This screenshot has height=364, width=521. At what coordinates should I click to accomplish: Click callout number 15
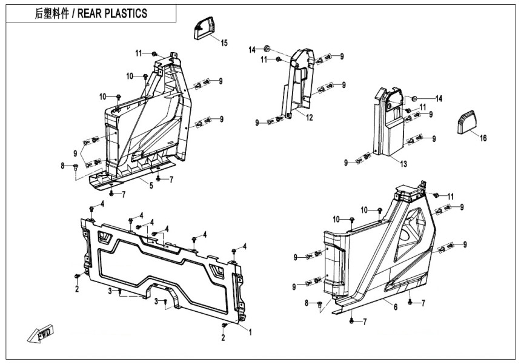[224, 42]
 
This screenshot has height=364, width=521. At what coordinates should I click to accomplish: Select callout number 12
[309, 117]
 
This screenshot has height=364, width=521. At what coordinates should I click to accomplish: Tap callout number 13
[403, 163]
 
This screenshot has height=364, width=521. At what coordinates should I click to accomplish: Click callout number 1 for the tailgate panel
[250, 331]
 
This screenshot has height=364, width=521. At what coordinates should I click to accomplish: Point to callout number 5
[151, 186]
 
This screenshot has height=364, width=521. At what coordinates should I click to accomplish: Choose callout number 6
[396, 308]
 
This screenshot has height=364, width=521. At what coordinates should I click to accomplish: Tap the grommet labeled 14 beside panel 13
[414, 98]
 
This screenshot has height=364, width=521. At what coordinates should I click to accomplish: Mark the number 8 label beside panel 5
[62, 165]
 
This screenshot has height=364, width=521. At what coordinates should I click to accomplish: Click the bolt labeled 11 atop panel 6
[436, 195]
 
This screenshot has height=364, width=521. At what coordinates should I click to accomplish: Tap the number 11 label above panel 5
[138, 53]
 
